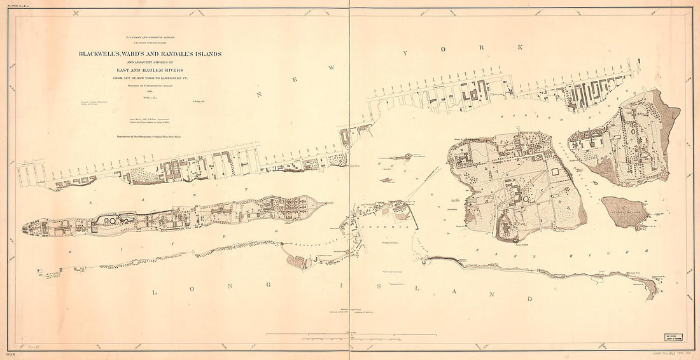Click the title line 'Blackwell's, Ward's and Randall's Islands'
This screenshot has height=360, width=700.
click(x=150, y=54)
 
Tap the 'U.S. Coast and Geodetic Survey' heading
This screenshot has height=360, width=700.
click(x=150, y=38)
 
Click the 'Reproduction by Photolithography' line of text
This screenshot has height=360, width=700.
click(x=150, y=136)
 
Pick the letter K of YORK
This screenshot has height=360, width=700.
click(x=520, y=47)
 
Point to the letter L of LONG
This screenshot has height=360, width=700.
click(x=156, y=292)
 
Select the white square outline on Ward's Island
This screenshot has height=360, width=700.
click(x=557, y=173)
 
